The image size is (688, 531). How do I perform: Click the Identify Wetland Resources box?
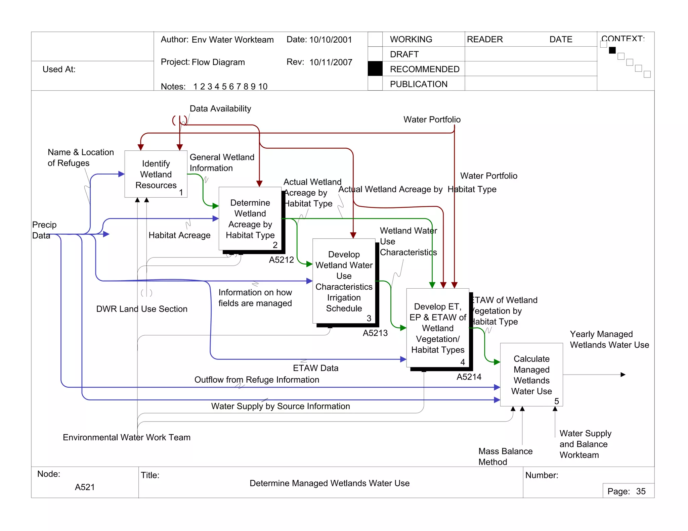[x=156, y=174]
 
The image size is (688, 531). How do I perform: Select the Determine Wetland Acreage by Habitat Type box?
[x=250, y=219]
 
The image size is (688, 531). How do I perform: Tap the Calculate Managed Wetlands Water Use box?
[x=531, y=375]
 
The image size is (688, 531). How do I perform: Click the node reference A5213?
[x=375, y=333]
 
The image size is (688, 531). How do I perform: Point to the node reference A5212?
[x=281, y=260]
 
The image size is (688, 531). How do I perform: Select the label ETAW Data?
[x=315, y=368]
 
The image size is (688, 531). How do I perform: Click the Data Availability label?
[x=220, y=109]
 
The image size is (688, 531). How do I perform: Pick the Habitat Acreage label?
[x=179, y=235]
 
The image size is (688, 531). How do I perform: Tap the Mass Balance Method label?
[x=505, y=456]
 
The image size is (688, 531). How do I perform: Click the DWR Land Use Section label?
[x=141, y=309]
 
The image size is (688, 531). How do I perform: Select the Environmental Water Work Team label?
[x=126, y=437]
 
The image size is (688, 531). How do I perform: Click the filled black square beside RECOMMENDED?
[x=375, y=69]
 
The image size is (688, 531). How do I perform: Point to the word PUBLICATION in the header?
[x=419, y=84]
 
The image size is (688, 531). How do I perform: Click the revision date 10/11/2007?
[x=331, y=62]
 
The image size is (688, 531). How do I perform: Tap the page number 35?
[x=641, y=491]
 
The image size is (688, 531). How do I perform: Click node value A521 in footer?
[x=85, y=487]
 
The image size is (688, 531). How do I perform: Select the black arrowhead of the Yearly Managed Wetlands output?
[x=623, y=375]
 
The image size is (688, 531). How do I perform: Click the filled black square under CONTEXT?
[x=612, y=50]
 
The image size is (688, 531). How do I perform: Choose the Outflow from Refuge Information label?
[x=257, y=380]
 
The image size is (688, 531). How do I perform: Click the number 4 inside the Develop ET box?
[x=463, y=362]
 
